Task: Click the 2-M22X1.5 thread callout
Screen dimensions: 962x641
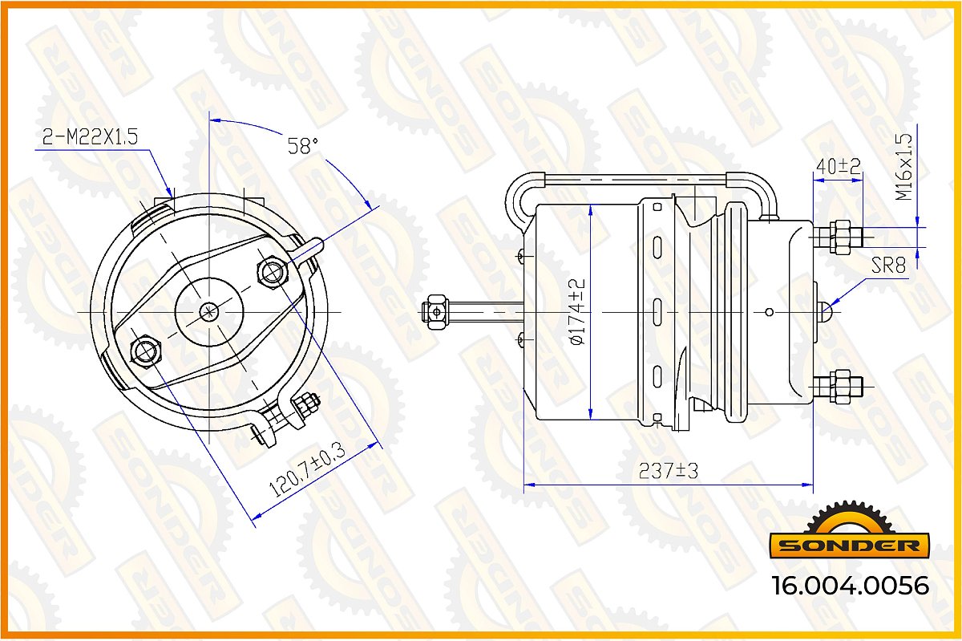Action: tap(90, 136)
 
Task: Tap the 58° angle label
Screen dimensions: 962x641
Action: tap(303, 146)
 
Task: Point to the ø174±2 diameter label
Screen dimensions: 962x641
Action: tap(577, 312)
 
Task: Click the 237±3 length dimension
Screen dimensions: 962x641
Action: tap(669, 471)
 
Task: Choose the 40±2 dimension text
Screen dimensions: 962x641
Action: tap(839, 166)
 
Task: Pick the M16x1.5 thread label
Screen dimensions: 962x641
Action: tap(903, 167)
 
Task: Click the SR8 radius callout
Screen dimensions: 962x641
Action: tap(888, 266)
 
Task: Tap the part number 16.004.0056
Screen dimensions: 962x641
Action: tap(850, 586)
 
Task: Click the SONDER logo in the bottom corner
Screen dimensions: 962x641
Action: tap(849, 531)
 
